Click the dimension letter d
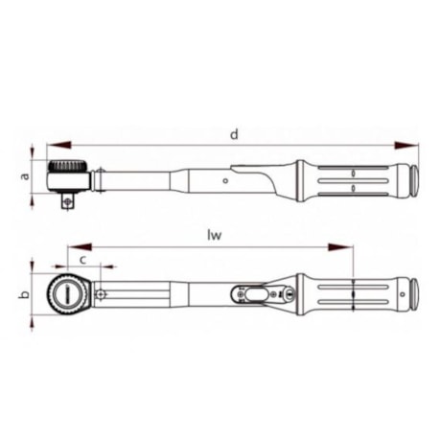(x=233, y=134)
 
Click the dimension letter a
(x=26, y=176)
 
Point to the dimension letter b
(x=23, y=295)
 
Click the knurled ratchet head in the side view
(x=69, y=176)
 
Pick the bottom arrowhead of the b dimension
(x=35, y=320)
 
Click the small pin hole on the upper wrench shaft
(x=226, y=178)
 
